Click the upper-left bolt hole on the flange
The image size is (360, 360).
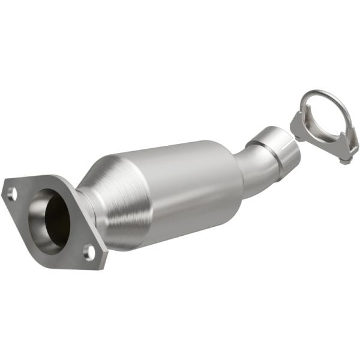pyautogui.click(x=12, y=193)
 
